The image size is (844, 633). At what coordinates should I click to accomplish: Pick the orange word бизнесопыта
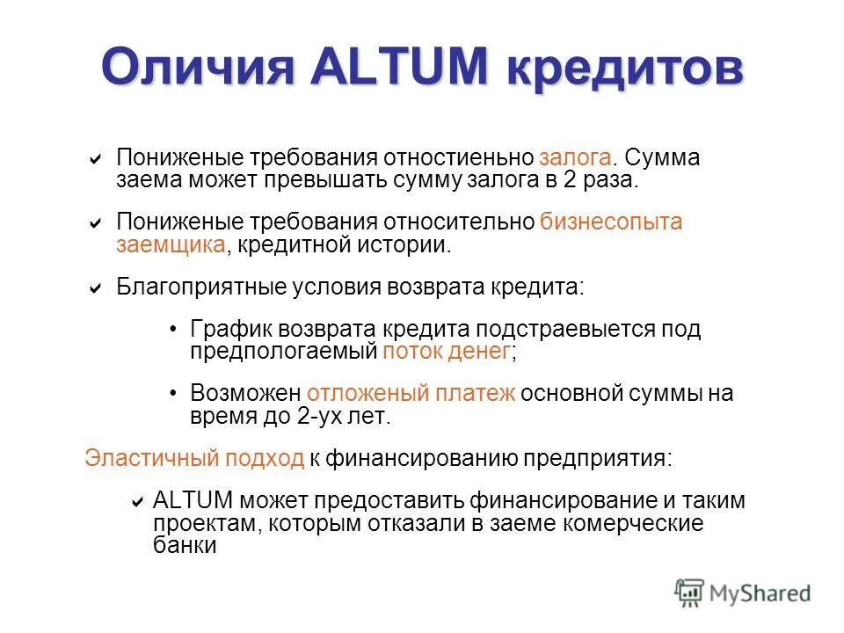611,222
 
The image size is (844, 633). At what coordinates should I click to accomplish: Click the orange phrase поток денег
447,352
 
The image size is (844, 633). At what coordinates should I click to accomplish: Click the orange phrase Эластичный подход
194,458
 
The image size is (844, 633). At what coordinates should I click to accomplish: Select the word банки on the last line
185,545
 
